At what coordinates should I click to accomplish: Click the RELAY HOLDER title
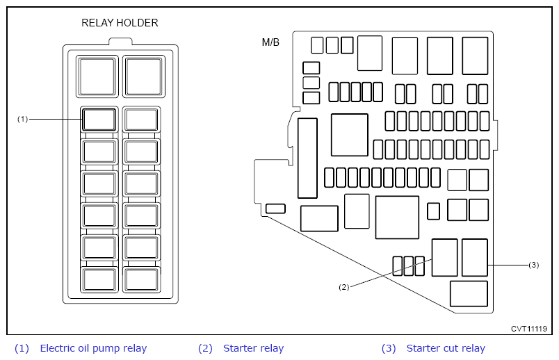[x=120, y=23]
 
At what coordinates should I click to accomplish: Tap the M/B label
[x=270, y=42]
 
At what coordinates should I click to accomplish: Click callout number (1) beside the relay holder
[x=22, y=119]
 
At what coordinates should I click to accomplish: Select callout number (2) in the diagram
[x=343, y=287]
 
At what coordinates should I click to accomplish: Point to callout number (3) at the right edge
[x=534, y=265]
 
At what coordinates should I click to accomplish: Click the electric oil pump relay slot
[x=99, y=120]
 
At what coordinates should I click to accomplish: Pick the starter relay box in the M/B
[x=444, y=258]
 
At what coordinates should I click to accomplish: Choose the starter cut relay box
[x=474, y=258]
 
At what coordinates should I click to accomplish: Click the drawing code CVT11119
[x=528, y=329]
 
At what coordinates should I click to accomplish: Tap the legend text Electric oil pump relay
[x=93, y=348]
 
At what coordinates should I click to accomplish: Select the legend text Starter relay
[x=254, y=348]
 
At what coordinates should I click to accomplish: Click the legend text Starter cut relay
[x=446, y=348]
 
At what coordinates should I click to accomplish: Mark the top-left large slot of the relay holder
[x=97, y=76]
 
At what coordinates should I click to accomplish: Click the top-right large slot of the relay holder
[x=144, y=76]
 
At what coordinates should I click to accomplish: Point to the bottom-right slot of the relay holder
[x=142, y=280]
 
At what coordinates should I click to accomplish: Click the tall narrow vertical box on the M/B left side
[x=307, y=158]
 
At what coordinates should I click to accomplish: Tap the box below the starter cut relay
[x=469, y=294]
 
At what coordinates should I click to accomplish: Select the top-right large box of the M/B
[x=475, y=56]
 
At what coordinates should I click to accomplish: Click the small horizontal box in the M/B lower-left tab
[x=275, y=208]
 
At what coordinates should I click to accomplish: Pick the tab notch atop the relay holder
[x=120, y=41]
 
